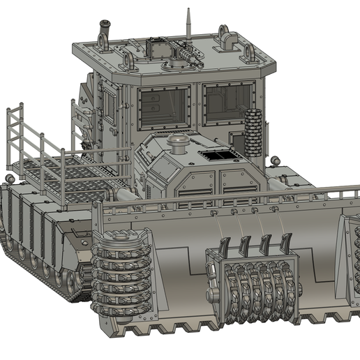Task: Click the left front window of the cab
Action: click(164, 107)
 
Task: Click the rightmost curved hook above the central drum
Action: click(286, 244)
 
